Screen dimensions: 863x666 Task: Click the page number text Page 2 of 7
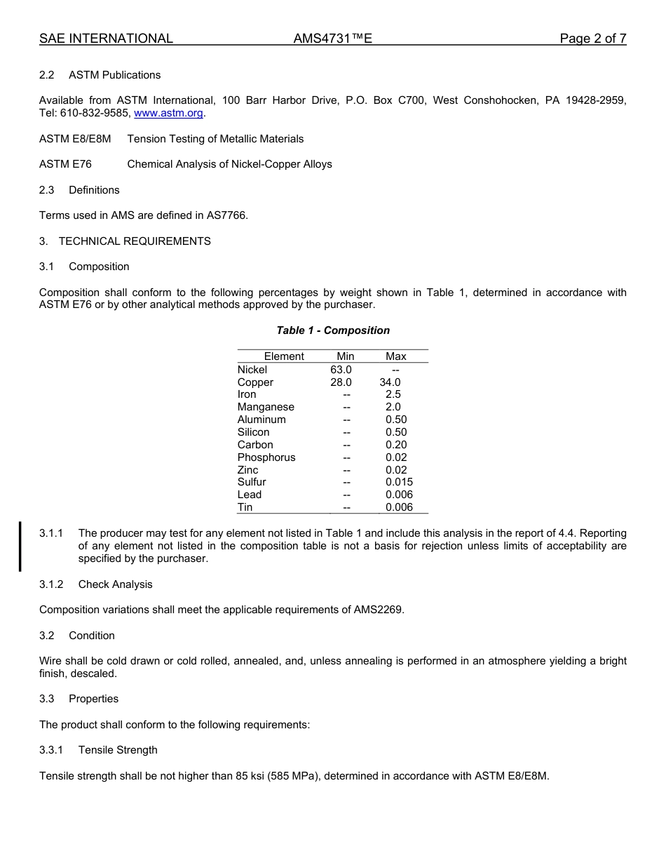coord(592,39)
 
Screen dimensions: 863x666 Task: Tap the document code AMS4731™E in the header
coord(332,39)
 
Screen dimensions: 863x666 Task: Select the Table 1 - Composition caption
coord(333,330)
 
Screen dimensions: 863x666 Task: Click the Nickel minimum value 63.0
coord(341,370)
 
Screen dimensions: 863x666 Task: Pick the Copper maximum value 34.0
coord(390,382)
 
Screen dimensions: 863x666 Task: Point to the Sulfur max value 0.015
coord(399,482)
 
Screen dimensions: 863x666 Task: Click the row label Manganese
coord(266,407)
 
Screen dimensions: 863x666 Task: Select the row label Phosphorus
coord(266,457)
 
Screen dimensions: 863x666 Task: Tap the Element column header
coord(284,356)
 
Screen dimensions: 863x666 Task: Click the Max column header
coord(396,356)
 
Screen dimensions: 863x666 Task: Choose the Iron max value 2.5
coord(393,394)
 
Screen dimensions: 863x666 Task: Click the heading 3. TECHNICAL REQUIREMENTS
coord(125,241)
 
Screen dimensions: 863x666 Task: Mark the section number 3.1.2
coord(51,584)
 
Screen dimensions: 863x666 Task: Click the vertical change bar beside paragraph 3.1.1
coord(20,546)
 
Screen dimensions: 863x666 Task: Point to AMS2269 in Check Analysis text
coord(379,610)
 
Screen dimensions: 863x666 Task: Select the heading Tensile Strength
coord(118,750)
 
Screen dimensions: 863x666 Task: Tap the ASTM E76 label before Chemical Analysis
coord(65,164)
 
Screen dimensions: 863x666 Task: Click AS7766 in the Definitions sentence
coord(226,215)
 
